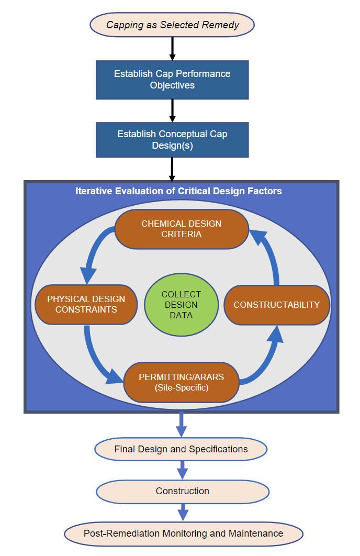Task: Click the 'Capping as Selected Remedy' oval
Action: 172,25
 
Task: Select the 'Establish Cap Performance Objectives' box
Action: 172,80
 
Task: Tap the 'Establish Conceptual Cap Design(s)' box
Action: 172,140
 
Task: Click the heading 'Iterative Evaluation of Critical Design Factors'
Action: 178,191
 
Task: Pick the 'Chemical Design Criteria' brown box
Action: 181,229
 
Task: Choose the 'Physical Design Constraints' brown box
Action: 86,304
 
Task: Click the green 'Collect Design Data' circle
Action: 181,305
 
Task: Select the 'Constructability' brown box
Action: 276,305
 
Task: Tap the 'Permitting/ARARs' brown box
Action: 181,382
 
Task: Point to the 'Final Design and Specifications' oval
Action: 181,449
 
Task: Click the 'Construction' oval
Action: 182,491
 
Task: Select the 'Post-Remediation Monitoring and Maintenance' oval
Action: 183,534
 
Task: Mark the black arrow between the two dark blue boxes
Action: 172,110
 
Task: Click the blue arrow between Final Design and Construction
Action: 182,470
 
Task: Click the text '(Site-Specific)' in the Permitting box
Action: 181,387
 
